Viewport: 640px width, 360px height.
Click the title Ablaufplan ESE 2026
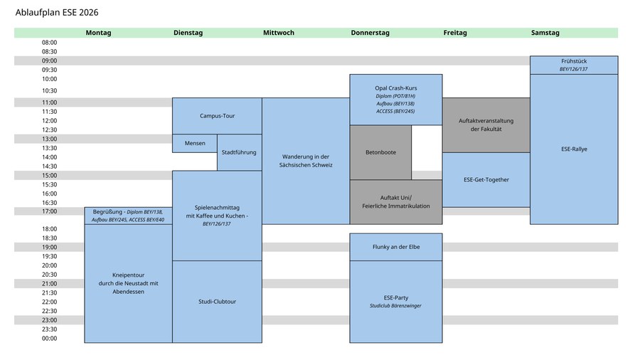(57, 13)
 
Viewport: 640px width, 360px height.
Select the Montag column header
(98, 33)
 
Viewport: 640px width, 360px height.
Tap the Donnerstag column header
(370, 33)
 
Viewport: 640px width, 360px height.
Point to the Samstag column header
(545, 33)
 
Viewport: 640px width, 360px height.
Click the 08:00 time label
(49, 43)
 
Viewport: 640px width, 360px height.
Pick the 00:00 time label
(49, 339)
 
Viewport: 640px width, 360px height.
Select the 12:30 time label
(49, 129)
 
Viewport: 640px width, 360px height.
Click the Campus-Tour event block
(217, 116)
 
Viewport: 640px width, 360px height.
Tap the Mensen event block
(195, 143)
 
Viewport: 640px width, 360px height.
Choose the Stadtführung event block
(240, 152)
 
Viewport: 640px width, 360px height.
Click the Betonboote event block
(381, 152)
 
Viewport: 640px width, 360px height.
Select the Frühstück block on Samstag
(574, 65)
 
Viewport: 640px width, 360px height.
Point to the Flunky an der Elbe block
(396, 247)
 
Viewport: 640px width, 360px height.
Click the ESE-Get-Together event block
(486, 179)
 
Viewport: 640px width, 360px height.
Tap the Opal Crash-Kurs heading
(396, 88)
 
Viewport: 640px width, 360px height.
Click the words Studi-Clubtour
(217, 302)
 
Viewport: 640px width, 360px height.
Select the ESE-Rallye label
(574, 149)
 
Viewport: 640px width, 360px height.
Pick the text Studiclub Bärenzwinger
(395, 306)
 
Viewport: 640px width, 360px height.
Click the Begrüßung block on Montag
(128, 216)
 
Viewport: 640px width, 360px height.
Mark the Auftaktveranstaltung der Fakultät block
(486, 125)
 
